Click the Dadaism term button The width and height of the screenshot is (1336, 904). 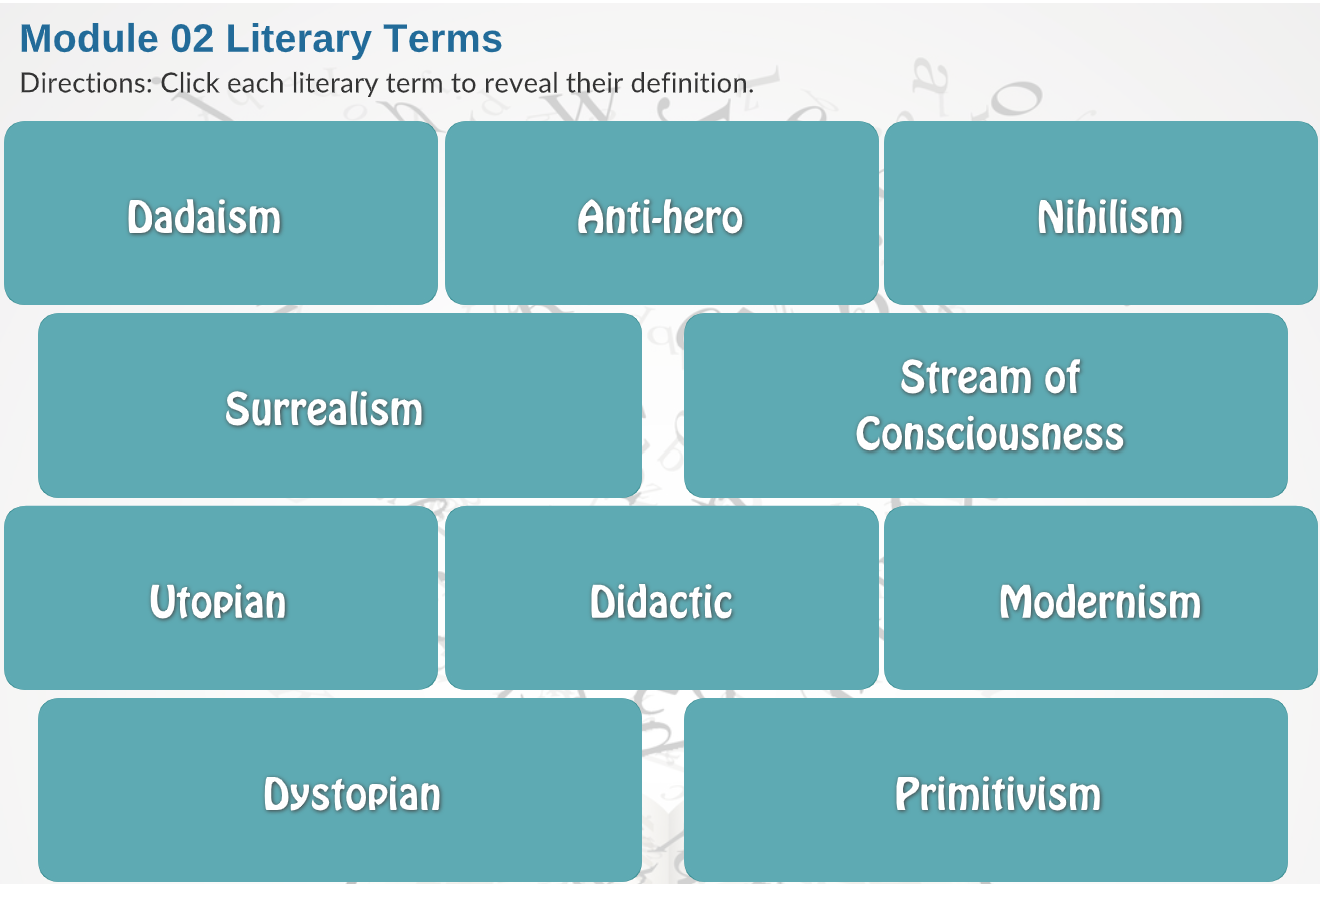[221, 213]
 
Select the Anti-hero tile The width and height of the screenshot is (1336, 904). [661, 213]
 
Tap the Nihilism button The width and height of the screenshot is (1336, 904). [1101, 213]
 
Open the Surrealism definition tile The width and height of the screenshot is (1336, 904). [340, 405]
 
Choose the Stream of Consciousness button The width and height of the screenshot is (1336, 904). [986, 405]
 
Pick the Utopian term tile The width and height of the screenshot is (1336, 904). [221, 597]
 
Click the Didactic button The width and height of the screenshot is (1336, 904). [661, 597]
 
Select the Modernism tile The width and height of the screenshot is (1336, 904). [1101, 597]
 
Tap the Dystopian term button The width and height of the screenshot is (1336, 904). [340, 790]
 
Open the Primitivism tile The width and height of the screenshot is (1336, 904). [986, 790]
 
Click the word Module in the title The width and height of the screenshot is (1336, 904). [89, 39]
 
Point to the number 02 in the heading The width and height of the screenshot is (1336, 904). [192, 39]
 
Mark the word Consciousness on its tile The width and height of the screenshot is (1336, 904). [989, 434]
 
